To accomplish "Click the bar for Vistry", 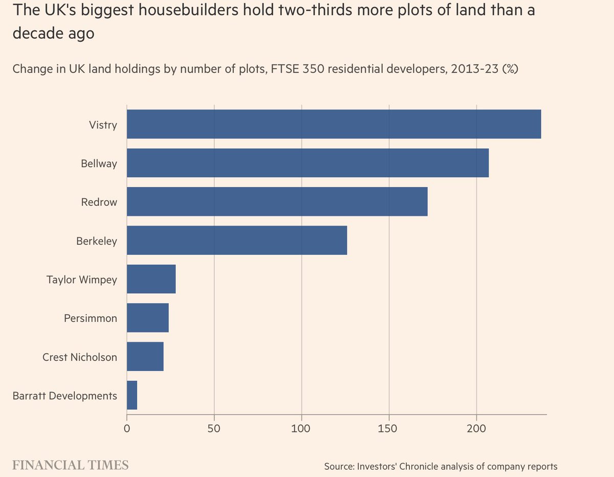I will click(x=334, y=124).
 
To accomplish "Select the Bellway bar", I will click(x=308, y=163).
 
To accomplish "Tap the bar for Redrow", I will click(x=277, y=202).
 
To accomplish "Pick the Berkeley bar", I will click(x=237, y=241).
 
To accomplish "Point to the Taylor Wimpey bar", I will click(x=151, y=279).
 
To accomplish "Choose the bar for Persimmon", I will click(x=147, y=318).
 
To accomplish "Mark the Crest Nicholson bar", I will click(x=145, y=357).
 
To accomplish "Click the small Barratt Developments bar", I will click(x=132, y=395).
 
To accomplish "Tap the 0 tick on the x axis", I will click(x=127, y=426).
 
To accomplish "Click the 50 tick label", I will click(x=214, y=426).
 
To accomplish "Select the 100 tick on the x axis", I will click(x=301, y=426).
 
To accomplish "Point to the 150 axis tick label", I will click(x=389, y=426).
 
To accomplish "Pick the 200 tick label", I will click(x=476, y=426).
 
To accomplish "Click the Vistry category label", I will click(x=103, y=124).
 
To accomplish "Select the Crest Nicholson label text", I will click(x=80, y=357).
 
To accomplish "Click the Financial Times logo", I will click(x=70, y=465).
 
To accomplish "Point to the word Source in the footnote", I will click(x=339, y=466).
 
